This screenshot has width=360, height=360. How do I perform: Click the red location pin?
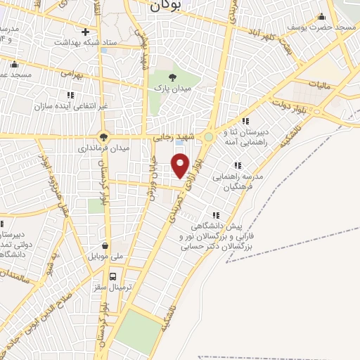click(x=181, y=165)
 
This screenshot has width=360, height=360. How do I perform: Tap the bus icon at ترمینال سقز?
click(x=113, y=276)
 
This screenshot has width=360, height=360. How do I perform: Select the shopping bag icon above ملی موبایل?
click(x=105, y=246)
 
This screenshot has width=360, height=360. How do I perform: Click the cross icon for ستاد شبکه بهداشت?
click(x=86, y=32)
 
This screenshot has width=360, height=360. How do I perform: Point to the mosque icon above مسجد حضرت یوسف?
click(x=322, y=17)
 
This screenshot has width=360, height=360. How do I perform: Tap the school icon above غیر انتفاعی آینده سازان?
click(x=70, y=94)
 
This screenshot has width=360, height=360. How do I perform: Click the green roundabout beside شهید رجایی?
click(x=208, y=137)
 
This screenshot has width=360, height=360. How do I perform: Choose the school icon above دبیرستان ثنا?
click(x=245, y=121)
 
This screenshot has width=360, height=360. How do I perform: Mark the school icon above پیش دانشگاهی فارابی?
click(x=216, y=216)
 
